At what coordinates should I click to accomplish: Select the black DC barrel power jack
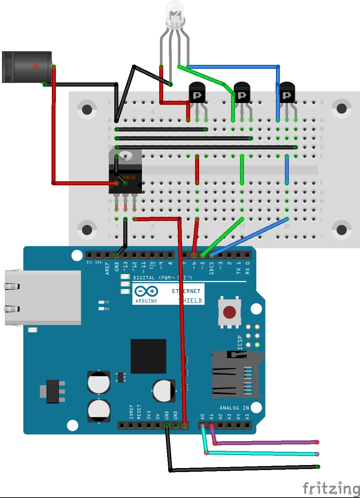coord(27,67)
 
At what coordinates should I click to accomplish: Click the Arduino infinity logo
coord(146,291)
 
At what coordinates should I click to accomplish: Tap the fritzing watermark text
coord(331,488)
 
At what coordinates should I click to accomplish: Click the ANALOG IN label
coord(234,408)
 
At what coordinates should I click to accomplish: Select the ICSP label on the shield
coord(240,343)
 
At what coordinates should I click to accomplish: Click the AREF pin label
coord(107,268)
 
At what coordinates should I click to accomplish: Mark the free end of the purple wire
coord(317,442)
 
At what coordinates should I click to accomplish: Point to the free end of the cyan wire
coord(317,454)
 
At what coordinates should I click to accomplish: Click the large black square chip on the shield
coord(148,356)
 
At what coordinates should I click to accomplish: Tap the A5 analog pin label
coord(247,416)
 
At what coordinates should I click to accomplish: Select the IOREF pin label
coord(131,412)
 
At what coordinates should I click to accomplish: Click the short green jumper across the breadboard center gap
coord(242,170)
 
